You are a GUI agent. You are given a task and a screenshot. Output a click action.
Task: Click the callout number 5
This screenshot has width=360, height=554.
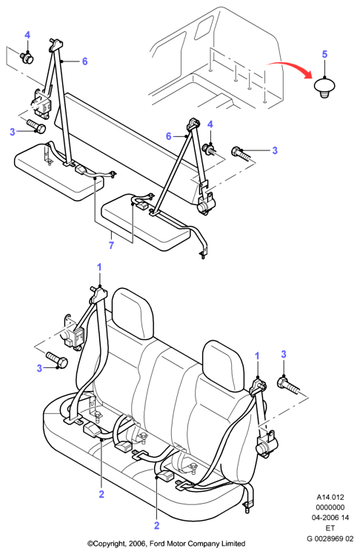(324, 54)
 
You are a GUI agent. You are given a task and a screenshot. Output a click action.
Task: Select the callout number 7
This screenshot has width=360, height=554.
(111, 245)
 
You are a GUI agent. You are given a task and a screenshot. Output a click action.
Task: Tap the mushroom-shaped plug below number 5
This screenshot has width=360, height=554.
(324, 87)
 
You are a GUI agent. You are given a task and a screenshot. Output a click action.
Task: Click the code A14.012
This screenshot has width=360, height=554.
(330, 497)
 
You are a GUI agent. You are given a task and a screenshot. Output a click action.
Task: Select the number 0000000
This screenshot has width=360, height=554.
(330, 507)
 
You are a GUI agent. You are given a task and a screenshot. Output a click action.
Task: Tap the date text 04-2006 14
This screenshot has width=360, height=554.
(330, 518)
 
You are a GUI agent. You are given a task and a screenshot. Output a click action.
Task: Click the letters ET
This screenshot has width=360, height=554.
(330, 528)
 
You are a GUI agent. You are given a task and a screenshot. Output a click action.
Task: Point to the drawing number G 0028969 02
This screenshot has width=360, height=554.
(330, 538)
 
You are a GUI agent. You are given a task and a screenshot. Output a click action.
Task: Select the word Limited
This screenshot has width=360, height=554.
(233, 544)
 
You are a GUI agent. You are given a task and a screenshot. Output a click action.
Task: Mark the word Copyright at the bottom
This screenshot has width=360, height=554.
(108, 544)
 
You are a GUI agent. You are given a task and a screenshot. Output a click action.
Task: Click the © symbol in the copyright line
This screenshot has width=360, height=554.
(90, 544)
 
